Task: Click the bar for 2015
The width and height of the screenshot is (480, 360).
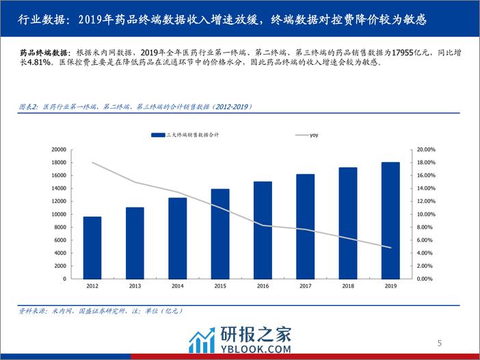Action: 219,234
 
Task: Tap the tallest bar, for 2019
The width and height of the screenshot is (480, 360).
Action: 390,221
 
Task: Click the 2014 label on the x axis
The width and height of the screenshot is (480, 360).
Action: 177,286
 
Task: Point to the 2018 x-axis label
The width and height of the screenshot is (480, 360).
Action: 347,286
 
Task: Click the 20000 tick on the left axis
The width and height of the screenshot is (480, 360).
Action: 58,149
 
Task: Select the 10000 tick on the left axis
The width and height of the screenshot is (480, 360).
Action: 58,214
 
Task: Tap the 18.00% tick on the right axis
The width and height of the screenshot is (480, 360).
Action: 426,162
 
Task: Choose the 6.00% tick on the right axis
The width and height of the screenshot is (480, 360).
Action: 426,240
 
